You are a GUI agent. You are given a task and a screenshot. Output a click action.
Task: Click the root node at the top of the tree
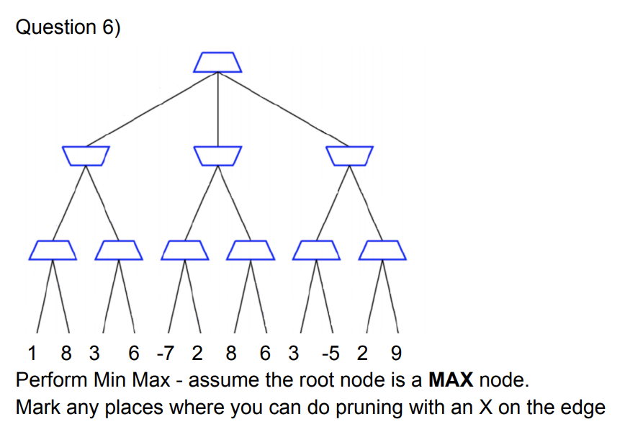[x=217, y=62]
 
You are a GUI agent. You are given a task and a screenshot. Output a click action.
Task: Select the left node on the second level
[x=86, y=155]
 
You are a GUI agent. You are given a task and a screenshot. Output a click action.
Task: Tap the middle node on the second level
[x=217, y=155]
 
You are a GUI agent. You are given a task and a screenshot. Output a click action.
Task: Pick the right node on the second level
[x=349, y=155]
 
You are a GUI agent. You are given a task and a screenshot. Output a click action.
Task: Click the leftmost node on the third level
[x=53, y=250]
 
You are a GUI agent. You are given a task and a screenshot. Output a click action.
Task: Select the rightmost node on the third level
[x=383, y=250]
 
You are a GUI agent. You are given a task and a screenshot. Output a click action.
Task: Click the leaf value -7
[x=165, y=354]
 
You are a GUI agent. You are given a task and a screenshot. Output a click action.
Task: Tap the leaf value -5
[x=331, y=354]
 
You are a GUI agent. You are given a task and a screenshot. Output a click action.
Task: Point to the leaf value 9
[x=395, y=354]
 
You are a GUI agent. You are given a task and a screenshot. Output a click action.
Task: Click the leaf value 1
[x=31, y=354]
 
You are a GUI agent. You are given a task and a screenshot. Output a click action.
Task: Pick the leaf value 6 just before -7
[x=133, y=354]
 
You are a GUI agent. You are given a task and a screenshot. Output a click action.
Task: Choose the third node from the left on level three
[x=184, y=250]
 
